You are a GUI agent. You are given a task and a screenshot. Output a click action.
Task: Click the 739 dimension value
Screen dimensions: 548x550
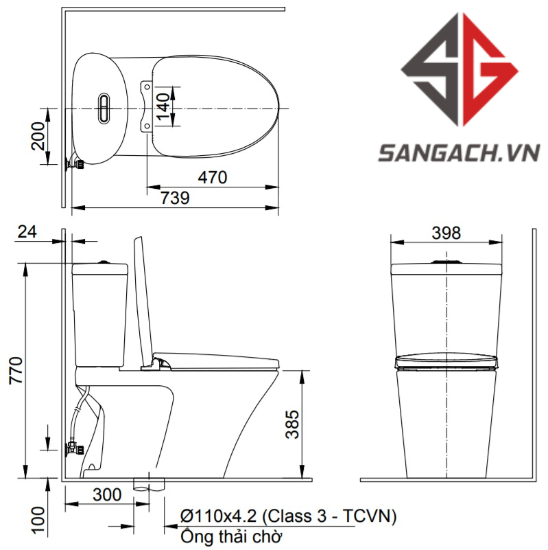(x=175, y=198)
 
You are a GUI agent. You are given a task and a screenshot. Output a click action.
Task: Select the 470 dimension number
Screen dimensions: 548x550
(x=213, y=177)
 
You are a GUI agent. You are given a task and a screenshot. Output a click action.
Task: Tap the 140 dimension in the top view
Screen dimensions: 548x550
(x=163, y=106)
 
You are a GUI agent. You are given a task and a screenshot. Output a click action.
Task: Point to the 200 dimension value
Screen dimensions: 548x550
(x=40, y=137)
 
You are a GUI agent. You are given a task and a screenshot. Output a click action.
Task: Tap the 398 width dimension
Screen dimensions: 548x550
(x=446, y=233)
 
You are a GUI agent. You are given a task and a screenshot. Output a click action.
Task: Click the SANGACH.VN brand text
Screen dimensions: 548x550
(x=459, y=152)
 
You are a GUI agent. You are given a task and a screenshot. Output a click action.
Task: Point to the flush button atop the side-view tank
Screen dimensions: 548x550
(x=104, y=261)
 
